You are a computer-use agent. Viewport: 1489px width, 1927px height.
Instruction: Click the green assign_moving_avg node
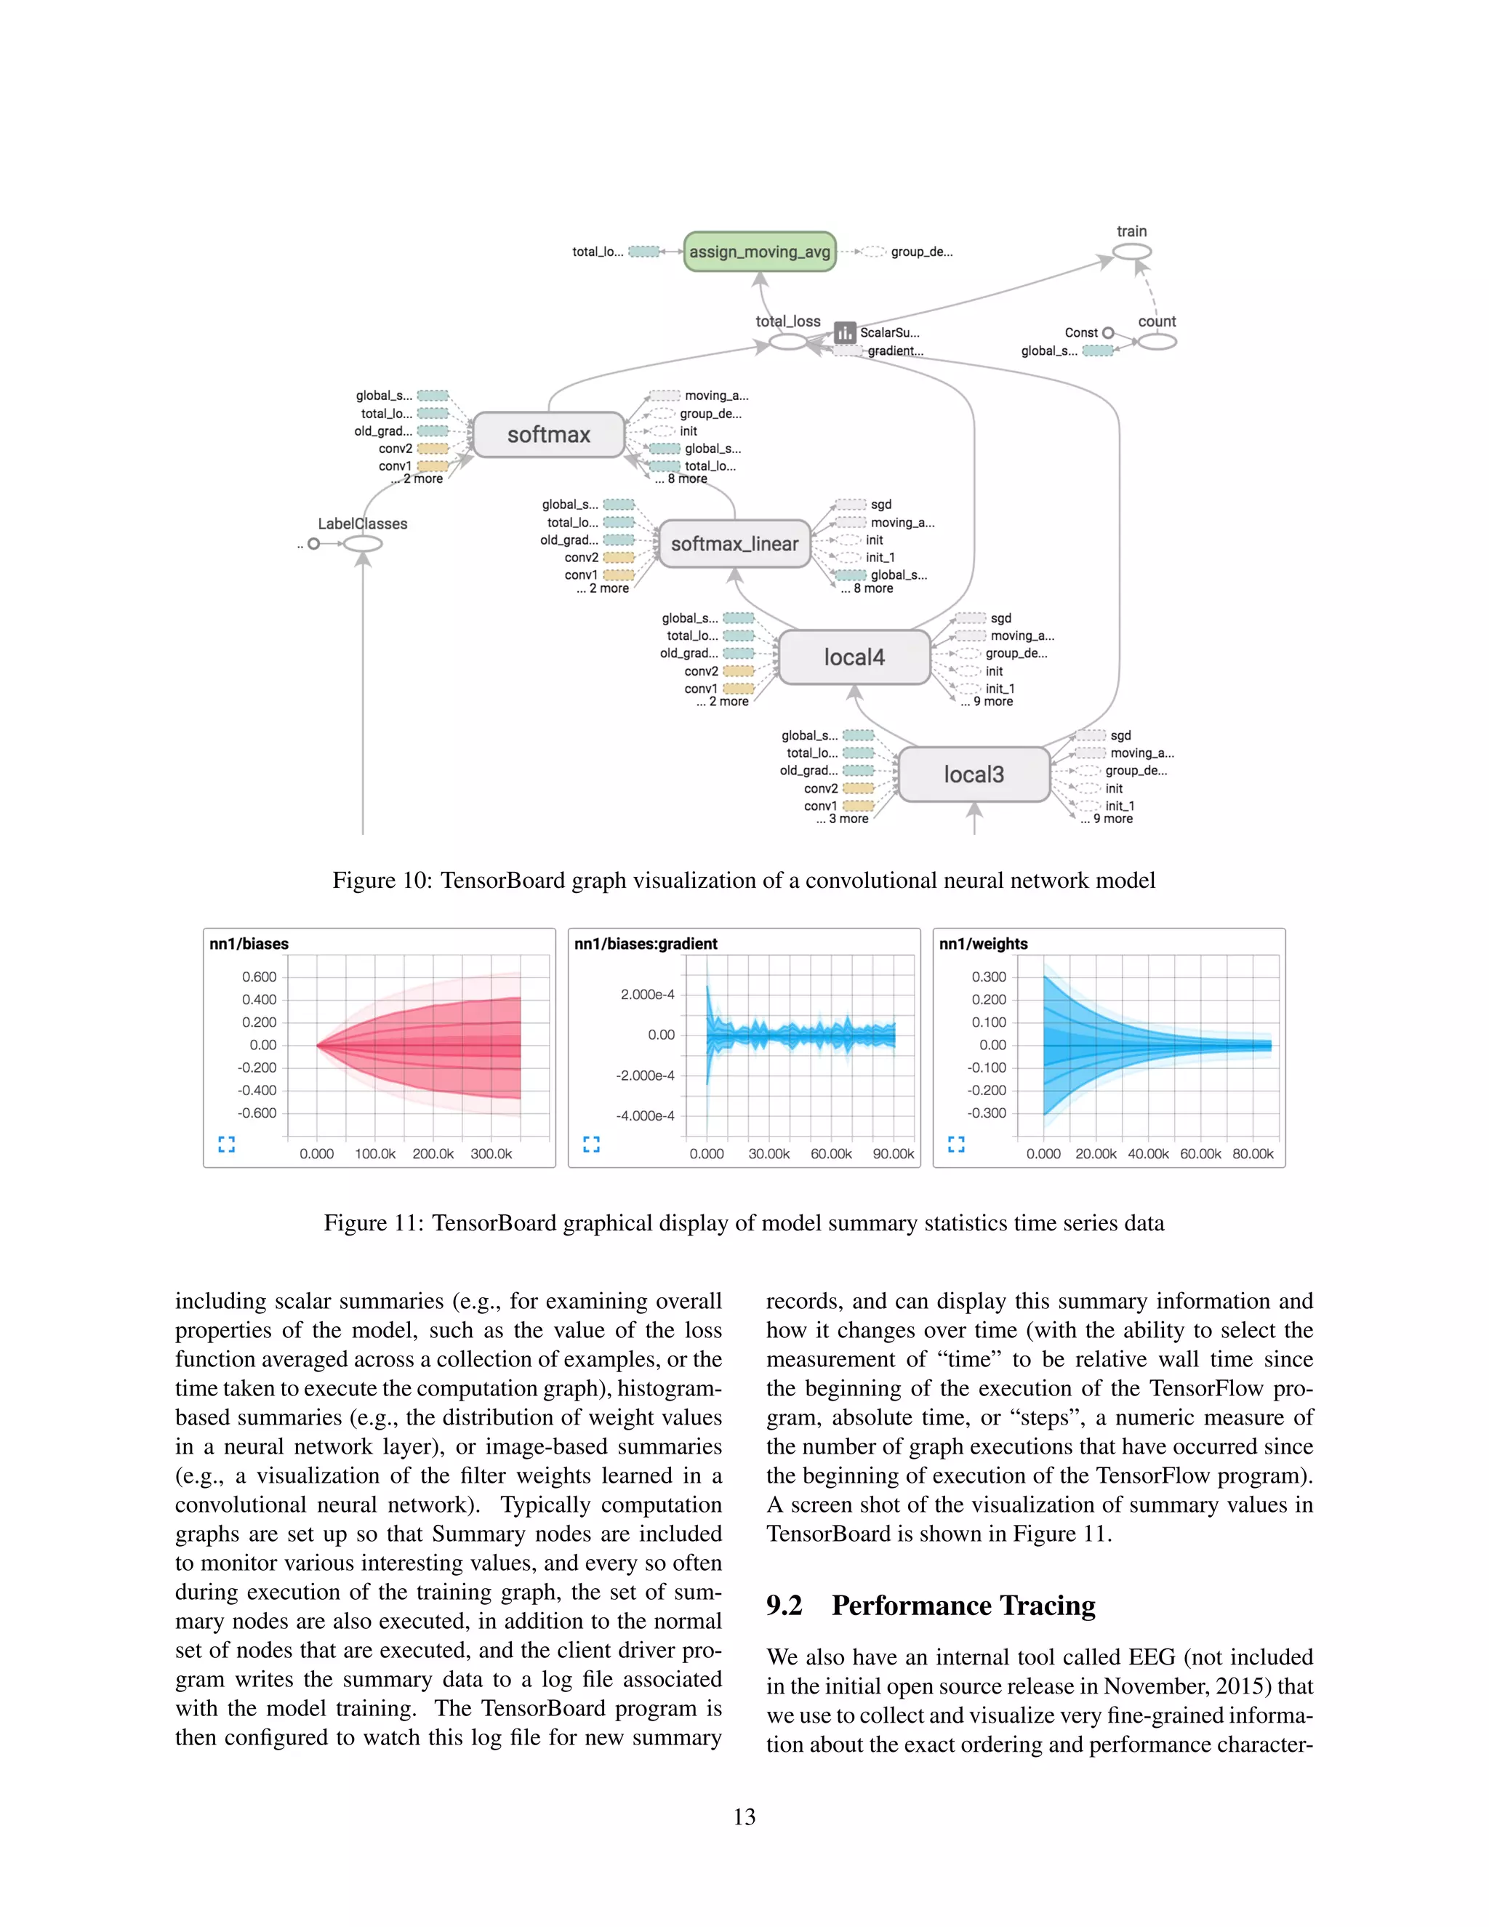(x=760, y=252)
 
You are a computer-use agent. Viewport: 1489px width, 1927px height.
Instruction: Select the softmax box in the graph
(x=549, y=434)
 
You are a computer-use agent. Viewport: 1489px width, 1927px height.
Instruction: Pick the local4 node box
(x=854, y=657)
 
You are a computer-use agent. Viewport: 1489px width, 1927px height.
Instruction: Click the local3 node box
(x=974, y=774)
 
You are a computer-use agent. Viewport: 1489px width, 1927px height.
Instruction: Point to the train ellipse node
(x=1132, y=252)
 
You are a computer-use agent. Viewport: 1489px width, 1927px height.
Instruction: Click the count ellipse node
(x=1157, y=342)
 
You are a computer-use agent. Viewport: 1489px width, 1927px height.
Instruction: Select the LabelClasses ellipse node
(x=363, y=543)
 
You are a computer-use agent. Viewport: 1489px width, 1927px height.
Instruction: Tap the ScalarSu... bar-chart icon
(x=845, y=332)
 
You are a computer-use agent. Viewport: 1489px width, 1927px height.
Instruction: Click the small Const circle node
(x=1108, y=332)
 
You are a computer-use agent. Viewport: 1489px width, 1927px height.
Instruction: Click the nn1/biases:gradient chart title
(x=646, y=944)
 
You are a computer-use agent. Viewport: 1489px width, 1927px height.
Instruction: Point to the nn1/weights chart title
(x=984, y=944)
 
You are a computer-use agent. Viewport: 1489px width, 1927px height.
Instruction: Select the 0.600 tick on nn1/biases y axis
(x=260, y=977)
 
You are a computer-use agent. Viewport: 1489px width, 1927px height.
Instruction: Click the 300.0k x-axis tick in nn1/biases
(x=491, y=1154)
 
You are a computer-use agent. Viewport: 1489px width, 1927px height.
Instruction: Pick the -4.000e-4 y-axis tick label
(x=645, y=1116)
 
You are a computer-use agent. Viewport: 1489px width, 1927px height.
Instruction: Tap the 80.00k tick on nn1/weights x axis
(x=1253, y=1154)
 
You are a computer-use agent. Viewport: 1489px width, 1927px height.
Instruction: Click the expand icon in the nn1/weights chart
(x=956, y=1145)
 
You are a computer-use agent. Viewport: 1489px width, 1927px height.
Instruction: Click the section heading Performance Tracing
(x=963, y=1605)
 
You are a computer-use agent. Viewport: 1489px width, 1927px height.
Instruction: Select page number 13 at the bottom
(x=744, y=1816)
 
